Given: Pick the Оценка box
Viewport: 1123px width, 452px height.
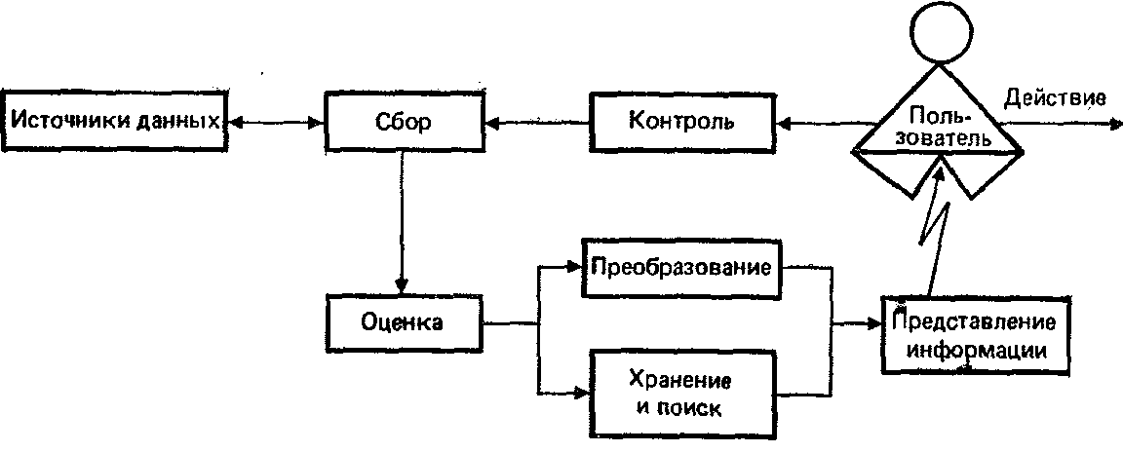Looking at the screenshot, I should pyautogui.click(x=404, y=321).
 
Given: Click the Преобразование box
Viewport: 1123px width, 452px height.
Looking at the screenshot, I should pyautogui.click(x=682, y=267).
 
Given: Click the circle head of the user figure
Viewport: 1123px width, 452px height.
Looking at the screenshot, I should pyautogui.click(x=940, y=32).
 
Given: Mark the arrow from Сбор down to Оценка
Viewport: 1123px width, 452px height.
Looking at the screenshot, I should pyautogui.click(x=399, y=224).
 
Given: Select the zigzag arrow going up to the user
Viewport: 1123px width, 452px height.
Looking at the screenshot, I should pyautogui.click(x=932, y=234).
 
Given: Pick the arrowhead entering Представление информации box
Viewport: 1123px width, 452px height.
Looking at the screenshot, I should pyautogui.click(x=878, y=322).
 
